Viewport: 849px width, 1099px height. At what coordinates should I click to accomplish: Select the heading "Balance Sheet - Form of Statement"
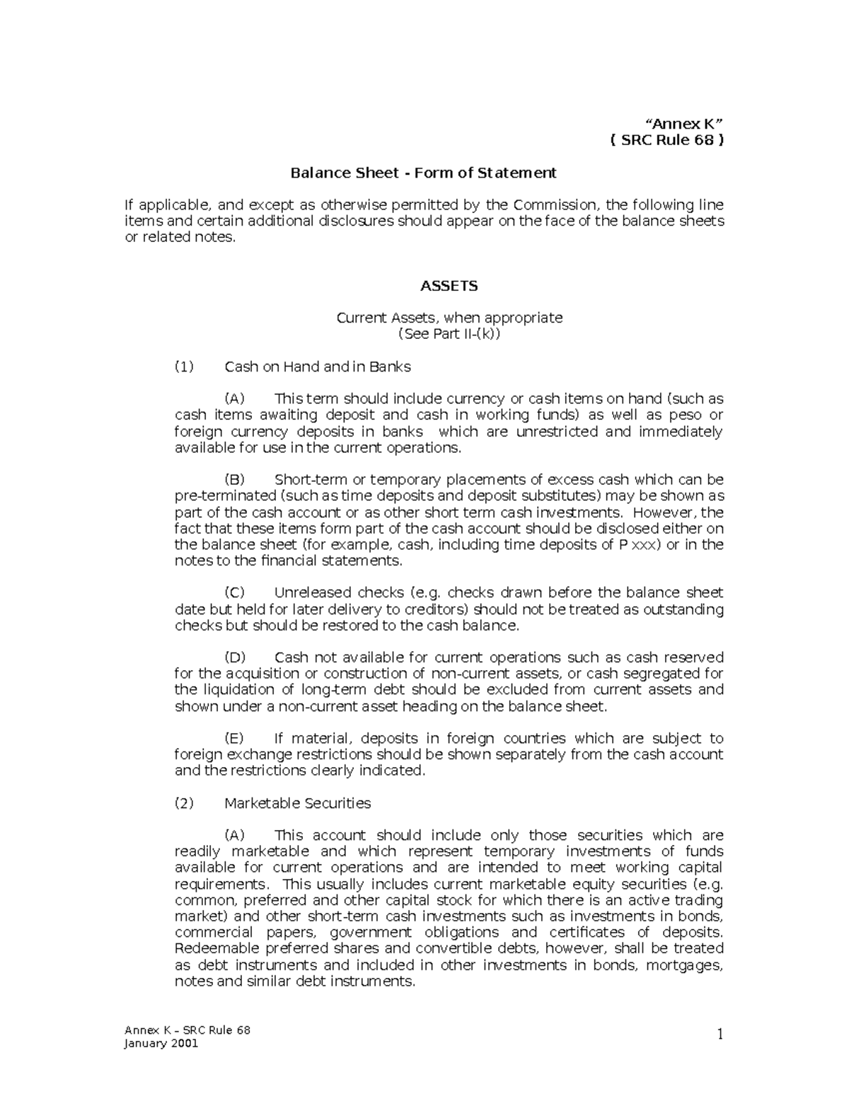tap(424, 173)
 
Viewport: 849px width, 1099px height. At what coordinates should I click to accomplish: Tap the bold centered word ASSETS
tap(449, 286)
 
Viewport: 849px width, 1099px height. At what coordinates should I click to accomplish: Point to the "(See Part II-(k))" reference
tap(449, 334)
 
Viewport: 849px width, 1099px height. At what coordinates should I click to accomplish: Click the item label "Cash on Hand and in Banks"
tap(317, 367)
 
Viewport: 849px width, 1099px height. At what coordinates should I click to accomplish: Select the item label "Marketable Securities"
tap(297, 803)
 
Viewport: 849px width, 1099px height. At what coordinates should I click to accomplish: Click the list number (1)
tap(183, 367)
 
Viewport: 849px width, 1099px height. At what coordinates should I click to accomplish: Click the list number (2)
tap(183, 803)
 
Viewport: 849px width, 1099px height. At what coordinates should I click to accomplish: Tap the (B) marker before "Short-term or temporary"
tap(234, 480)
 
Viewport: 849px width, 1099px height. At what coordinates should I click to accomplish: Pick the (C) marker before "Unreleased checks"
tap(234, 593)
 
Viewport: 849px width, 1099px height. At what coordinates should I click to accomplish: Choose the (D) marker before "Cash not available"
tap(235, 657)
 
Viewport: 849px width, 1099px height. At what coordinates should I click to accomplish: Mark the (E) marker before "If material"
tap(234, 738)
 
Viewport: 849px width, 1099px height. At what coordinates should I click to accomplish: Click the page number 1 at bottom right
tap(720, 1035)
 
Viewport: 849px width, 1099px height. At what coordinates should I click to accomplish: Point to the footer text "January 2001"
tap(161, 1044)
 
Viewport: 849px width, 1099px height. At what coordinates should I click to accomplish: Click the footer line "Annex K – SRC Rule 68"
tap(187, 1030)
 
